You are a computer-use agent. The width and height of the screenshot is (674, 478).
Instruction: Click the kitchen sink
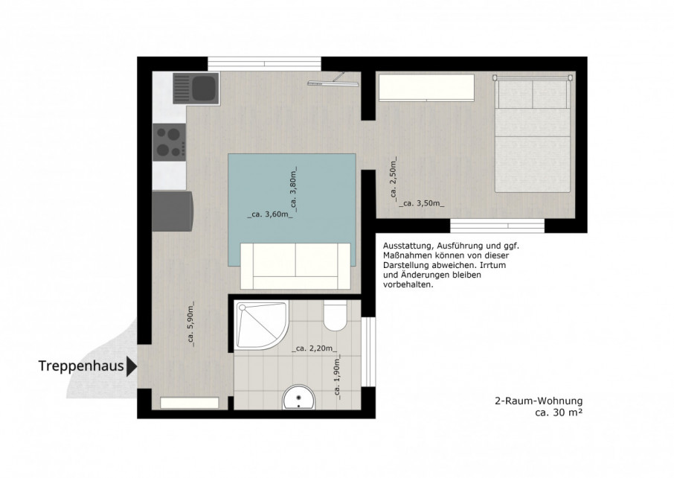coord(196,88)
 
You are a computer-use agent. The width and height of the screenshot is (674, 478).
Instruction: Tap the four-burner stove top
coord(170,142)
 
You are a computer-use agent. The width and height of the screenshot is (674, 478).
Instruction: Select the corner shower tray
coord(262,325)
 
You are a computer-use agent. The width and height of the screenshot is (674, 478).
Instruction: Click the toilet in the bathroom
coord(336,316)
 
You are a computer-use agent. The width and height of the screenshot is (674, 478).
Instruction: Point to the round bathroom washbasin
coord(299,398)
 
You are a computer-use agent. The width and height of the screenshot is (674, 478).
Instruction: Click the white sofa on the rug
coord(296,266)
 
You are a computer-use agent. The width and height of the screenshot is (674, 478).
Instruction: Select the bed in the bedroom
coord(532,134)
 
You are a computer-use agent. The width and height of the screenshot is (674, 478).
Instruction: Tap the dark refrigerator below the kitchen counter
coord(173,211)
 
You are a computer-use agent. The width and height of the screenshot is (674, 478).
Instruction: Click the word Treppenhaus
coord(81,366)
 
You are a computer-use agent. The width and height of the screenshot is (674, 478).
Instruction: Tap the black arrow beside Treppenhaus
coord(132,366)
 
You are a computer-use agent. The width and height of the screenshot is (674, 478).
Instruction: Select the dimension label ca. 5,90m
coord(191,324)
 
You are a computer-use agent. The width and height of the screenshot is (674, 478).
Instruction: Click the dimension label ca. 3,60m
coord(270,214)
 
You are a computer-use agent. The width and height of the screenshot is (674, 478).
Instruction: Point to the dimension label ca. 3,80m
coord(294,189)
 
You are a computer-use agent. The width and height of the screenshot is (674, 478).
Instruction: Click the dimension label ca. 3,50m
coord(422,203)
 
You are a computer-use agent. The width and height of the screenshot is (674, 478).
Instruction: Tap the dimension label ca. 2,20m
coord(314,348)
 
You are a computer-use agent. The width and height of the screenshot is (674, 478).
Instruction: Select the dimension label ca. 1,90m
coord(337,377)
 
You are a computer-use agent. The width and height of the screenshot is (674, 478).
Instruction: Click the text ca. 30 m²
coord(559,412)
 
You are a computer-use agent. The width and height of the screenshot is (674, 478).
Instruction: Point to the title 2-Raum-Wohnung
coord(539,401)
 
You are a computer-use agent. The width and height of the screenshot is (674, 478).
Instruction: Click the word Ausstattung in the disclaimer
coord(406,246)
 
